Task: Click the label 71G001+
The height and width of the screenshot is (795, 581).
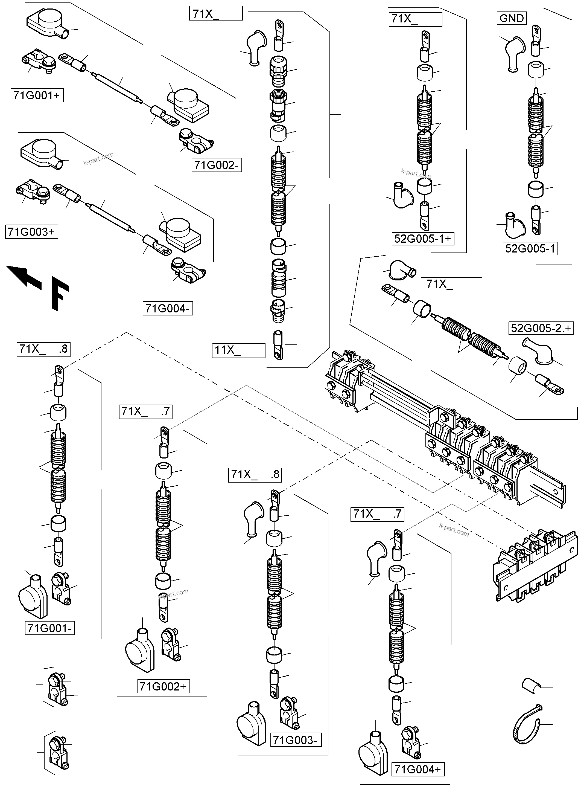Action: (37, 95)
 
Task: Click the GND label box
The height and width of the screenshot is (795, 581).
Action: (512, 18)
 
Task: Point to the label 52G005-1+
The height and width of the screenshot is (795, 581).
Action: (422, 239)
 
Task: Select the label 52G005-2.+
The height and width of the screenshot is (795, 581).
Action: (541, 328)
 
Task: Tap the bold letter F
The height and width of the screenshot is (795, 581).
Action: (60, 294)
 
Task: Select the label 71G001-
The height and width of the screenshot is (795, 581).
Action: (49, 628)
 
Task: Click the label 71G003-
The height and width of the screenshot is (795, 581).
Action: (296, 740)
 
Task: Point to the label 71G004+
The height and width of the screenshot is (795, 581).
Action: (417, 769)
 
